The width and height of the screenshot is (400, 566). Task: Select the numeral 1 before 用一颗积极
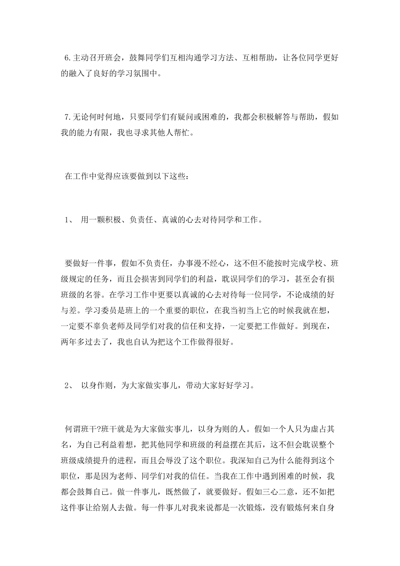coord(67,220)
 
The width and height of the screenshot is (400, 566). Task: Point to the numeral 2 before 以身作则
coord(67,385)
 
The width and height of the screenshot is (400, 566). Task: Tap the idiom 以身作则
coord(96,385)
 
